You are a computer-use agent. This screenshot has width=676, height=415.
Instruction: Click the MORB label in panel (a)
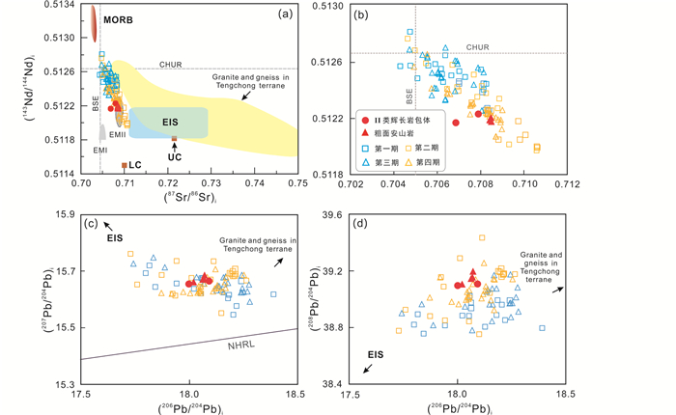118,20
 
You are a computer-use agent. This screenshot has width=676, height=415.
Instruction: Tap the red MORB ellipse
93,21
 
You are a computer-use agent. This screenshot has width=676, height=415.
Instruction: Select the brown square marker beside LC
124,165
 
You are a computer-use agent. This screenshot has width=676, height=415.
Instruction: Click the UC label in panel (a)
175,155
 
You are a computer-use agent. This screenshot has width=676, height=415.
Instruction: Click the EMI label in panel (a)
99,152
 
